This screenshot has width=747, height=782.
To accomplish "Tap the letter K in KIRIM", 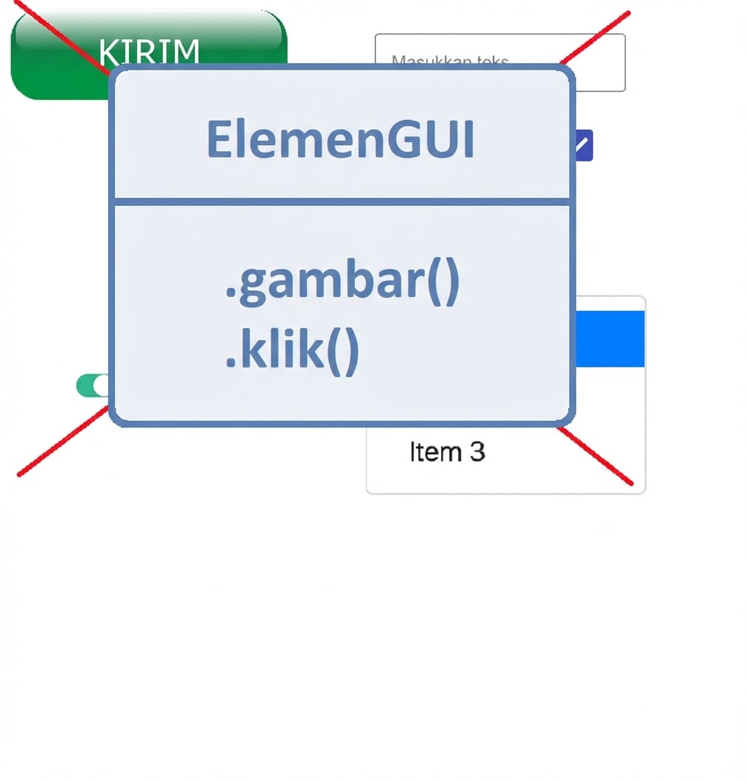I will pyautogui.click(x=108, y=52).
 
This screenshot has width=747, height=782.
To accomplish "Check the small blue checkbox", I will pyautogui.click(x=584, y=145).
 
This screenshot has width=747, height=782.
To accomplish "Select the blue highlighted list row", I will pyautogui.click(x=609, y=339).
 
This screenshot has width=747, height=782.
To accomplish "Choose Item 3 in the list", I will pyautogui.click(x=447, y=452).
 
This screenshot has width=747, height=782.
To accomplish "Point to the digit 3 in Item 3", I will pyautogui.click(x=477, y=452).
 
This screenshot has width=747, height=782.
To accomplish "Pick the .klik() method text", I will pyautogui.click(x=292, y=351).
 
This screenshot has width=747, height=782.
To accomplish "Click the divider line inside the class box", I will pyautogui.click(x=341, y=201).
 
